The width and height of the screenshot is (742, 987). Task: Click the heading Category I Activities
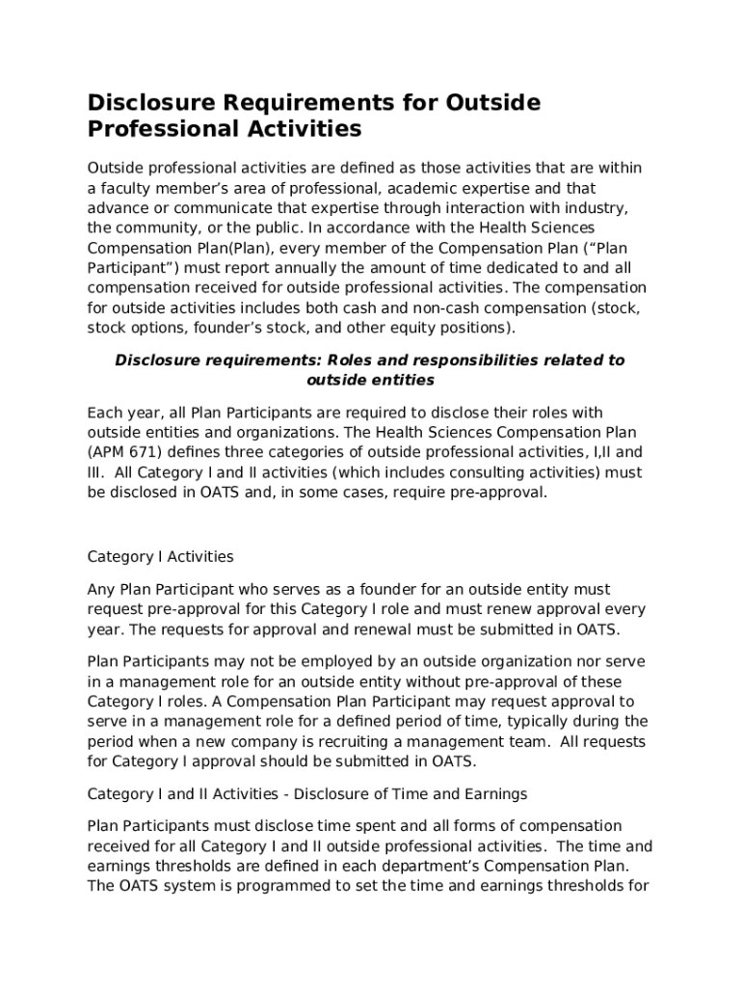tap(160, 557)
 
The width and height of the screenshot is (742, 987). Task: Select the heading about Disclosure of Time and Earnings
tap(307, 794)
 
